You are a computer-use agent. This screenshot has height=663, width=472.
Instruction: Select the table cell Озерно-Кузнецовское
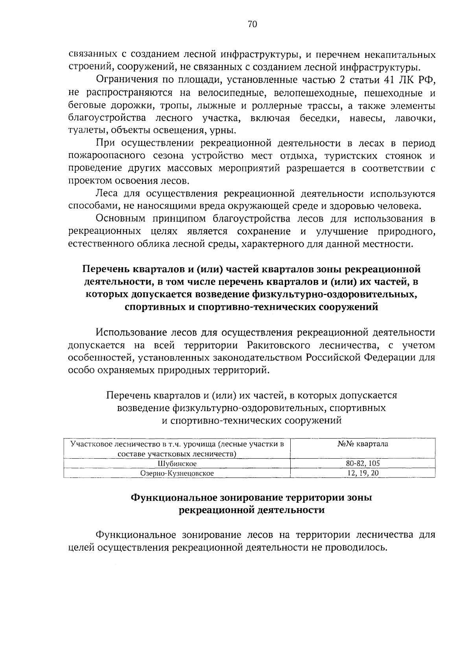coord(177,473)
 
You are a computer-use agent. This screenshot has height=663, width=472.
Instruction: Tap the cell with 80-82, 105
coord(363,463)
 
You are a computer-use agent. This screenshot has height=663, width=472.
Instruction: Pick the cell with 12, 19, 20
coord(363,473)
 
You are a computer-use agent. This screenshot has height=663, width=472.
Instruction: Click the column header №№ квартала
coord(363,444)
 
